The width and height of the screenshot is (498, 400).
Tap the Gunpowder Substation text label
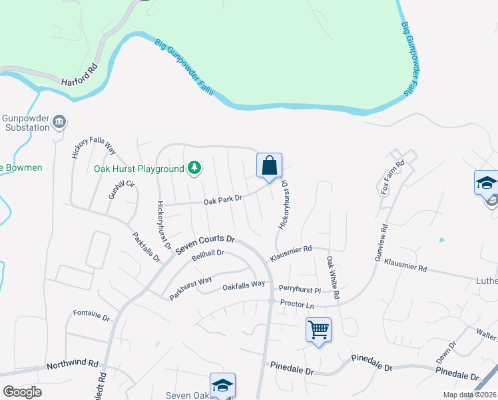(26, 123)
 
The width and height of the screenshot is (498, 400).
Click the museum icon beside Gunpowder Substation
(59, 121)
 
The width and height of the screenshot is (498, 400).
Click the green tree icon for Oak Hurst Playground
(194, 168)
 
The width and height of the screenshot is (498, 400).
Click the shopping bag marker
(269, 166)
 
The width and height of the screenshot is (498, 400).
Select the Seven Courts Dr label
(206, 243)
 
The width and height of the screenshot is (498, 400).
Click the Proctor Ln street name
(297, 304)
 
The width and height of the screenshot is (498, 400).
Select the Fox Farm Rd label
(393, 177)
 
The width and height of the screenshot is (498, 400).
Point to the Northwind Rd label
(73, 365)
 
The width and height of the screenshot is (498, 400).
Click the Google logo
(22, 392)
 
